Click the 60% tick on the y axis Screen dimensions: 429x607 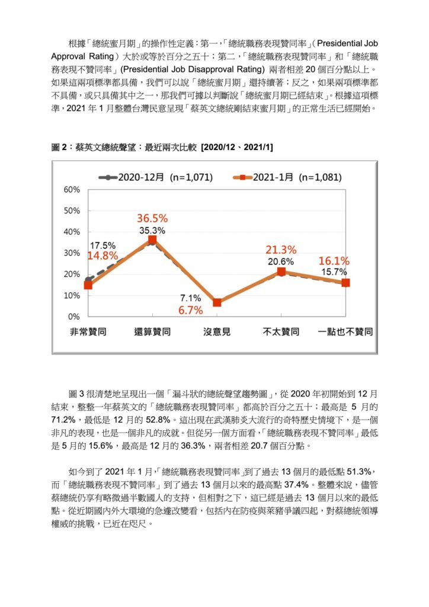[x=72, y=190]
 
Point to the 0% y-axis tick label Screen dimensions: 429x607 [x=74, y=317]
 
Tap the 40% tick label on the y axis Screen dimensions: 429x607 [x=72, y=232]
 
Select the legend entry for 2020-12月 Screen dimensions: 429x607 [x=156, y=177]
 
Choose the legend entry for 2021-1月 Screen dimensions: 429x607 [x=287, y=177]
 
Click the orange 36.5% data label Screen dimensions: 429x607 [x=152, y=218]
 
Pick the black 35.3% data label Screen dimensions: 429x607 [x=152, y=231]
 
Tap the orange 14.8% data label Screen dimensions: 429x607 [x=103, y=255]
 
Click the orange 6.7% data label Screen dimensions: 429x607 [x=191, y=310]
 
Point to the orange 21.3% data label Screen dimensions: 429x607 [x=281, y=250]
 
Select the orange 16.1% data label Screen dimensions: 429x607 [x=334, y=261]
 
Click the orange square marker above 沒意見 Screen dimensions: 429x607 [x=217, y=302]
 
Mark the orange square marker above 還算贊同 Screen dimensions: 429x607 [x=152, y=239]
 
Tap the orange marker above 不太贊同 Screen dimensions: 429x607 [x=281, y=271]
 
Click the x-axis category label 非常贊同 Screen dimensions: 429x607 [x=88, y=332]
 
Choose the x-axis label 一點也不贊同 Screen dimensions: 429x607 [x=345, y=332]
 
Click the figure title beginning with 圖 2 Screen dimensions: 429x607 [x=162, y=147]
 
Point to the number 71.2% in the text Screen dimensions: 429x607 [x=63, y=420]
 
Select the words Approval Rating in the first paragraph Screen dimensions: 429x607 [x=82, y=56]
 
